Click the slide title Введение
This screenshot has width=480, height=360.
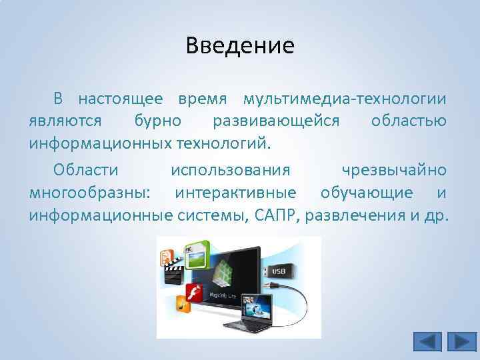coord(240,46)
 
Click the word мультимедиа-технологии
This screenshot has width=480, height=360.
coord(345,99)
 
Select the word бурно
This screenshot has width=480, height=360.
coord(157,121)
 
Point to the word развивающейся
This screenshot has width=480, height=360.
coord(276,121)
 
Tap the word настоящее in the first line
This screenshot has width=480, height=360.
coord(120,99)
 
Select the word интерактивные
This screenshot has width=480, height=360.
coord(235,193)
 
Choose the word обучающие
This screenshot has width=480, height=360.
coord(366,193)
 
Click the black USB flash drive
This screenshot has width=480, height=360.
coord(278,272)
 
